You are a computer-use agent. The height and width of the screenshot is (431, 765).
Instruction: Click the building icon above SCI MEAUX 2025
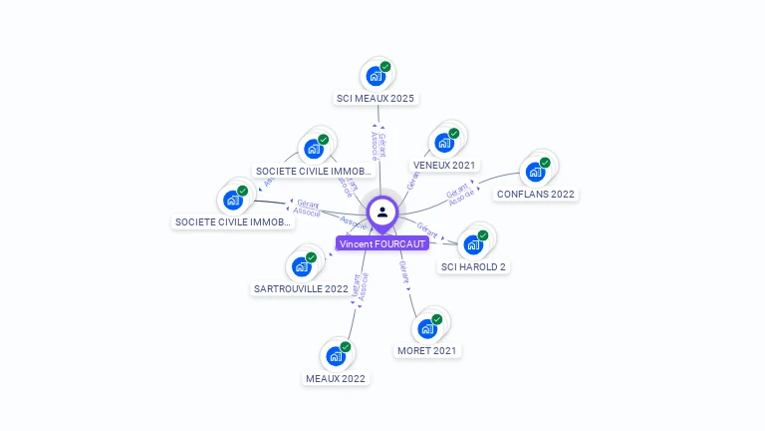point(376,76)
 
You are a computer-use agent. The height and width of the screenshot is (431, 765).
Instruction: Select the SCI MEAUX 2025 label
point(376,99)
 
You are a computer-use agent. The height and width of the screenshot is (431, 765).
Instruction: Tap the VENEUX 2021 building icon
point(444,142)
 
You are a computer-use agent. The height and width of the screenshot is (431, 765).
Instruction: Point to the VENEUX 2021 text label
point(444,165)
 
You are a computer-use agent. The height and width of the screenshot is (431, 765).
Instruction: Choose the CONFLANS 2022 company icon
point(536,171)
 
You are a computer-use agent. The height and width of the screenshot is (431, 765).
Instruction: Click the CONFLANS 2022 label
point(536,194)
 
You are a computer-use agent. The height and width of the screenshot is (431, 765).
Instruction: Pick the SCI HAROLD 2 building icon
point(473,244)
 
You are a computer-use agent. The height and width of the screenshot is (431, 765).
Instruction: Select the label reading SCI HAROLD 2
point(473,267)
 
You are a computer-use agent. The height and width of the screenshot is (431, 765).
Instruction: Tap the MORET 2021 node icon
point(427,327)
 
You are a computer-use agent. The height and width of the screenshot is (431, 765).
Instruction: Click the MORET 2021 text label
point(428,351)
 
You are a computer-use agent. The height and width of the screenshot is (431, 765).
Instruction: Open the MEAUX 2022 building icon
point(336,355)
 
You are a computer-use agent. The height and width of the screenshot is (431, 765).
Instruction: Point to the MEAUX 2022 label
point(336,379)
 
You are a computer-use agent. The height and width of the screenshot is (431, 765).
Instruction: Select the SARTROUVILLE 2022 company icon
point(301,266)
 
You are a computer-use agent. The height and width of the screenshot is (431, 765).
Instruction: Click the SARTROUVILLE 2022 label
point(301,289)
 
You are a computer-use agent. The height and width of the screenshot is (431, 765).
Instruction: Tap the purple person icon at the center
point(382,212)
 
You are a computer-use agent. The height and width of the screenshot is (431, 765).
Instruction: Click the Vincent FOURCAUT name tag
point(382,243)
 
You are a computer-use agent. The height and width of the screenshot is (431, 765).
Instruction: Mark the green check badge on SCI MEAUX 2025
point(385,67)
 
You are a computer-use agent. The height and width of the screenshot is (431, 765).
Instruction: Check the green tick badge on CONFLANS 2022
point(545,162)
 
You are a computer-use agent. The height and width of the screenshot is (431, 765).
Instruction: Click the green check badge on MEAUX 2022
point(346,346)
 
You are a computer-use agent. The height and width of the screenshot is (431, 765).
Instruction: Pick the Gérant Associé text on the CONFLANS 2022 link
point(459,195)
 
